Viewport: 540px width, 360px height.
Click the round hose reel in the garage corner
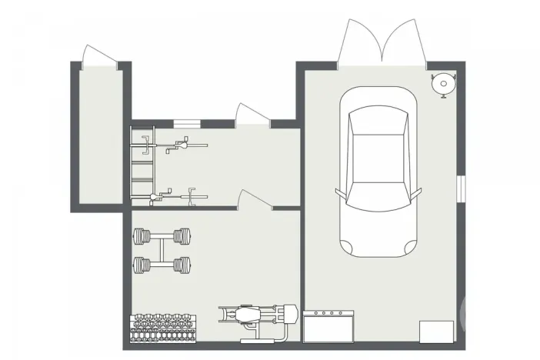coord(444,83)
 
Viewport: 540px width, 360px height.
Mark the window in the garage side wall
coord(461,188)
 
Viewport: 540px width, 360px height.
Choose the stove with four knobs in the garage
coord(329,326)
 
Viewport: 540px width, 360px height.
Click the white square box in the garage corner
coord(436,332)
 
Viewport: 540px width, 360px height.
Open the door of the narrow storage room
coord(100,57)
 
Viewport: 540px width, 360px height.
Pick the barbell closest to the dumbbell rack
coord(161,265)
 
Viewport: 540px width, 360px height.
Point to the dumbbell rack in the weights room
coord(165,326)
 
